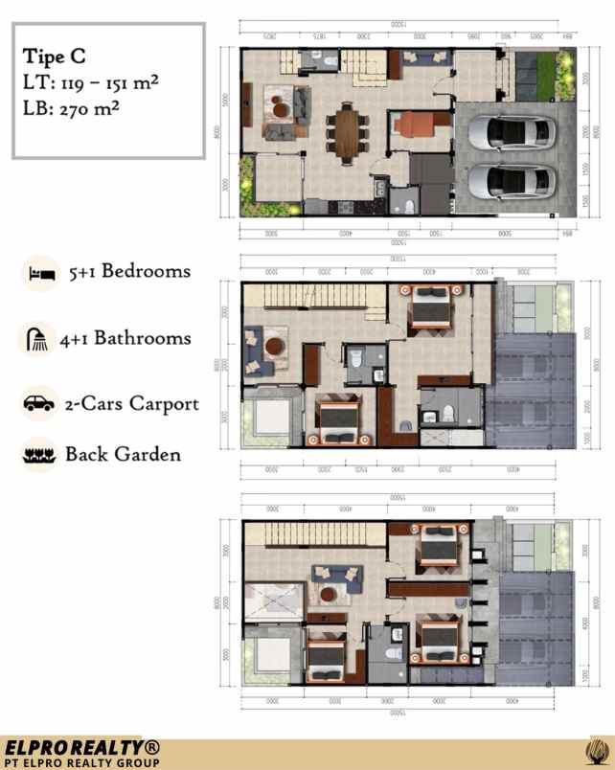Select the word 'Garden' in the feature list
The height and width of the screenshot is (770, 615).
[147, 454]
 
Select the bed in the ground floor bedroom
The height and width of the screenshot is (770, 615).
[417, 127]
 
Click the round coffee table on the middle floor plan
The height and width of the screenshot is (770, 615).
[275, 346]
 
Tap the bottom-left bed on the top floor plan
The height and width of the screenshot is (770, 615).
[326, 660]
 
